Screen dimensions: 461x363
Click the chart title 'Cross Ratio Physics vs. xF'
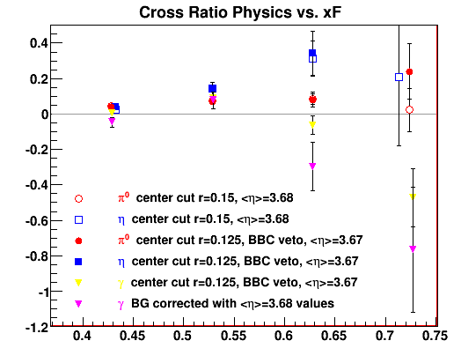point(240,12)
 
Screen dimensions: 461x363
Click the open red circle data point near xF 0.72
point(409,110)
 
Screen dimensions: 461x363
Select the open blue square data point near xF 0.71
point(399,78)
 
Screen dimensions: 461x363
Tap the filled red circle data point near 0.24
point(409,72)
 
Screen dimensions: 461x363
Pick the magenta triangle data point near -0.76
point(413,249)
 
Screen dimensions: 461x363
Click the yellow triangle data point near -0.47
point(413,196)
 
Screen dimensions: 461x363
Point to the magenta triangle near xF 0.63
point(312,166)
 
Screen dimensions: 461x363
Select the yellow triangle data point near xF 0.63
point(312,125)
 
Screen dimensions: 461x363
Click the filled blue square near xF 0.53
point(212,88)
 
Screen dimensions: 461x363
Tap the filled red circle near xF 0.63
point(312,100)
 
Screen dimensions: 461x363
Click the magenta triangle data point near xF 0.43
point(112,121)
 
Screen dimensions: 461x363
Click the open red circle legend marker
point(78,199)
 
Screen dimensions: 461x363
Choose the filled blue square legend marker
point(78,262)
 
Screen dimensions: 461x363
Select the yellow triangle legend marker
point(78,283)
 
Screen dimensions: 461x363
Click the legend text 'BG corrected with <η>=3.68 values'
point(232,304)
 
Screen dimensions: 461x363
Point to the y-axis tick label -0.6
point(36,221)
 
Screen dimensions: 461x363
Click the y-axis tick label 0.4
point(39,43)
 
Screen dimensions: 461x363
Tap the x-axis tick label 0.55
point(233,336)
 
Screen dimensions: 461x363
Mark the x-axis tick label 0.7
point(385,336)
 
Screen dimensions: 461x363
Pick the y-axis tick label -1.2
point(36,328)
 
